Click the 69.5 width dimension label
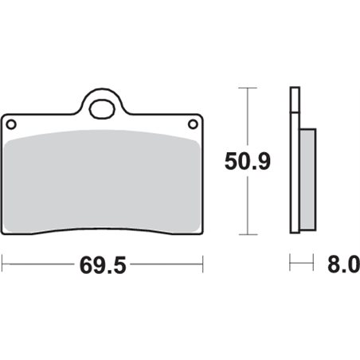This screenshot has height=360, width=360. click(103, 265)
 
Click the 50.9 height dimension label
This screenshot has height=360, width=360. click(248, 161)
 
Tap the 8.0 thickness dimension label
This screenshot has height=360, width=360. click(343, 264)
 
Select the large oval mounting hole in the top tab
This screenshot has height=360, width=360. click(102, 109)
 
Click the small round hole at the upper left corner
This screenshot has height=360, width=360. click(11, 124)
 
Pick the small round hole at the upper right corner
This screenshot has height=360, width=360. click(193, 124)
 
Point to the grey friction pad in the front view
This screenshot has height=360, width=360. click(102, 182)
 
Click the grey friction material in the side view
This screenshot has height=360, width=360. click(307, 179)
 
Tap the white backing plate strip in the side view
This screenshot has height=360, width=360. click(295, 173)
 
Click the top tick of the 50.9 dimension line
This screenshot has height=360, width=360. click(248, 88)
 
